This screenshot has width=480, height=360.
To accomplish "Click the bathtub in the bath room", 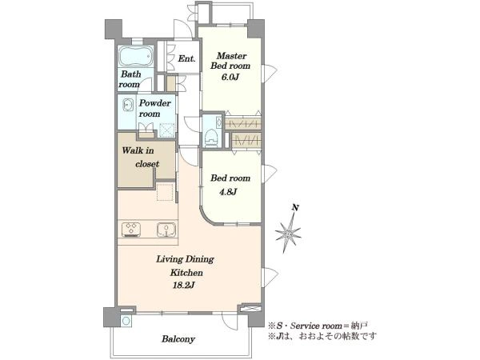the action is [136, 56].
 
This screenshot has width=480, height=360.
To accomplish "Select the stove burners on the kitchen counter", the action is [131, 230].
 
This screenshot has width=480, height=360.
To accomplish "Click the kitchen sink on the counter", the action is [166, 230].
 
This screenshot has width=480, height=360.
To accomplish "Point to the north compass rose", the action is [288, 234].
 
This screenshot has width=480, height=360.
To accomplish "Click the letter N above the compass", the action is [295, 208].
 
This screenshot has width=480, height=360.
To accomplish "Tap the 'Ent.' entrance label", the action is [186, 58].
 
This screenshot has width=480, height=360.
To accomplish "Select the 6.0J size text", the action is [230, 77].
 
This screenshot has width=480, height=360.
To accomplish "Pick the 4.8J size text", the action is [228, 192].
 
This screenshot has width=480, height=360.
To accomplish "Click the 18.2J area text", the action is [184, 286].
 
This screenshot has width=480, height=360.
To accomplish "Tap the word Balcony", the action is [178, 339].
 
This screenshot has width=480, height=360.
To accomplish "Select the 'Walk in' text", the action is [138, 150].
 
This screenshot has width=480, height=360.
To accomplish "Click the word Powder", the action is [154, 103].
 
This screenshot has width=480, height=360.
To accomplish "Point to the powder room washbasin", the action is [128, 105].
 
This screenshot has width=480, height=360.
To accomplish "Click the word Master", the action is [231, 56].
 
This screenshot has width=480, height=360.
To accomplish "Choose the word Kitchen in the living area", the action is [186, 272].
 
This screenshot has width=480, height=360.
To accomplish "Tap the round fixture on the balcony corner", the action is [126, 321].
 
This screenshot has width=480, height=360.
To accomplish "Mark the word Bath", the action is [131, 74].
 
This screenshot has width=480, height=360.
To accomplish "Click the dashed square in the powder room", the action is [167, 130].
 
